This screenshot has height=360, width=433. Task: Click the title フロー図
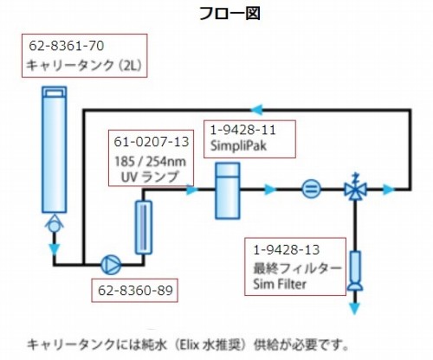229,13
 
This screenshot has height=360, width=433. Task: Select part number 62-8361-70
67,46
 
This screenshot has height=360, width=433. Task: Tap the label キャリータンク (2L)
84,66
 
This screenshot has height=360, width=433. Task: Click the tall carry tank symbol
55,150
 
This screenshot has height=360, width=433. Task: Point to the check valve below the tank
54,224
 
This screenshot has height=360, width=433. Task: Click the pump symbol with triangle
111,265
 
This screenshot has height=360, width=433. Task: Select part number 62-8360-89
135,291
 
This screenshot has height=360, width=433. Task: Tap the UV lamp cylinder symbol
144,228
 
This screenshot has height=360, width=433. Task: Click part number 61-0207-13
152,142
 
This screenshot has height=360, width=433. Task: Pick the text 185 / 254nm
151,162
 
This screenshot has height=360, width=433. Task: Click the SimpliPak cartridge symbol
228,191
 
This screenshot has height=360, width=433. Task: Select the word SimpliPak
238,145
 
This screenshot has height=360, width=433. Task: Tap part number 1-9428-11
242,130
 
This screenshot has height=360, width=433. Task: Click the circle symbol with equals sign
311,190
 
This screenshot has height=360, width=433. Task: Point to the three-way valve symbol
355,187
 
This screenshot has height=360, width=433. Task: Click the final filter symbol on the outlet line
355,270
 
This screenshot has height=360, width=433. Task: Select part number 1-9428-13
287,250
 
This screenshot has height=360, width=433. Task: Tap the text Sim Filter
280,284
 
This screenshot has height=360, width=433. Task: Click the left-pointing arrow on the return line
256,109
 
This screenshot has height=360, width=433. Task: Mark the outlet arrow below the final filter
355,308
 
